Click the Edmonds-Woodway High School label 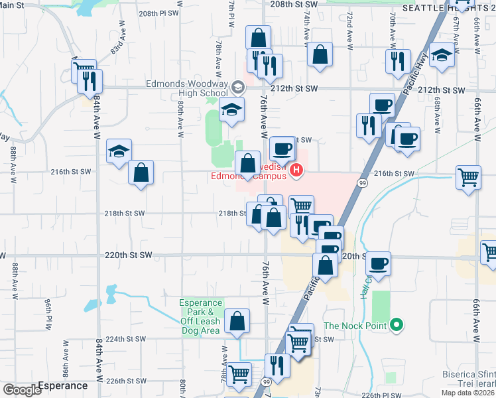187,89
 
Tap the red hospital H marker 296,171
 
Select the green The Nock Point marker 397,325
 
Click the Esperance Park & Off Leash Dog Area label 200,317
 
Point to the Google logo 22,390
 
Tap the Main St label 13,5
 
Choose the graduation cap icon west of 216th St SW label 119,152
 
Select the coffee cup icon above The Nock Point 378,264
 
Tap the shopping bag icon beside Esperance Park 237,322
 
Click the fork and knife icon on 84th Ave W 89,80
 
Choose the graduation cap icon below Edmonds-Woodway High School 232,109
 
